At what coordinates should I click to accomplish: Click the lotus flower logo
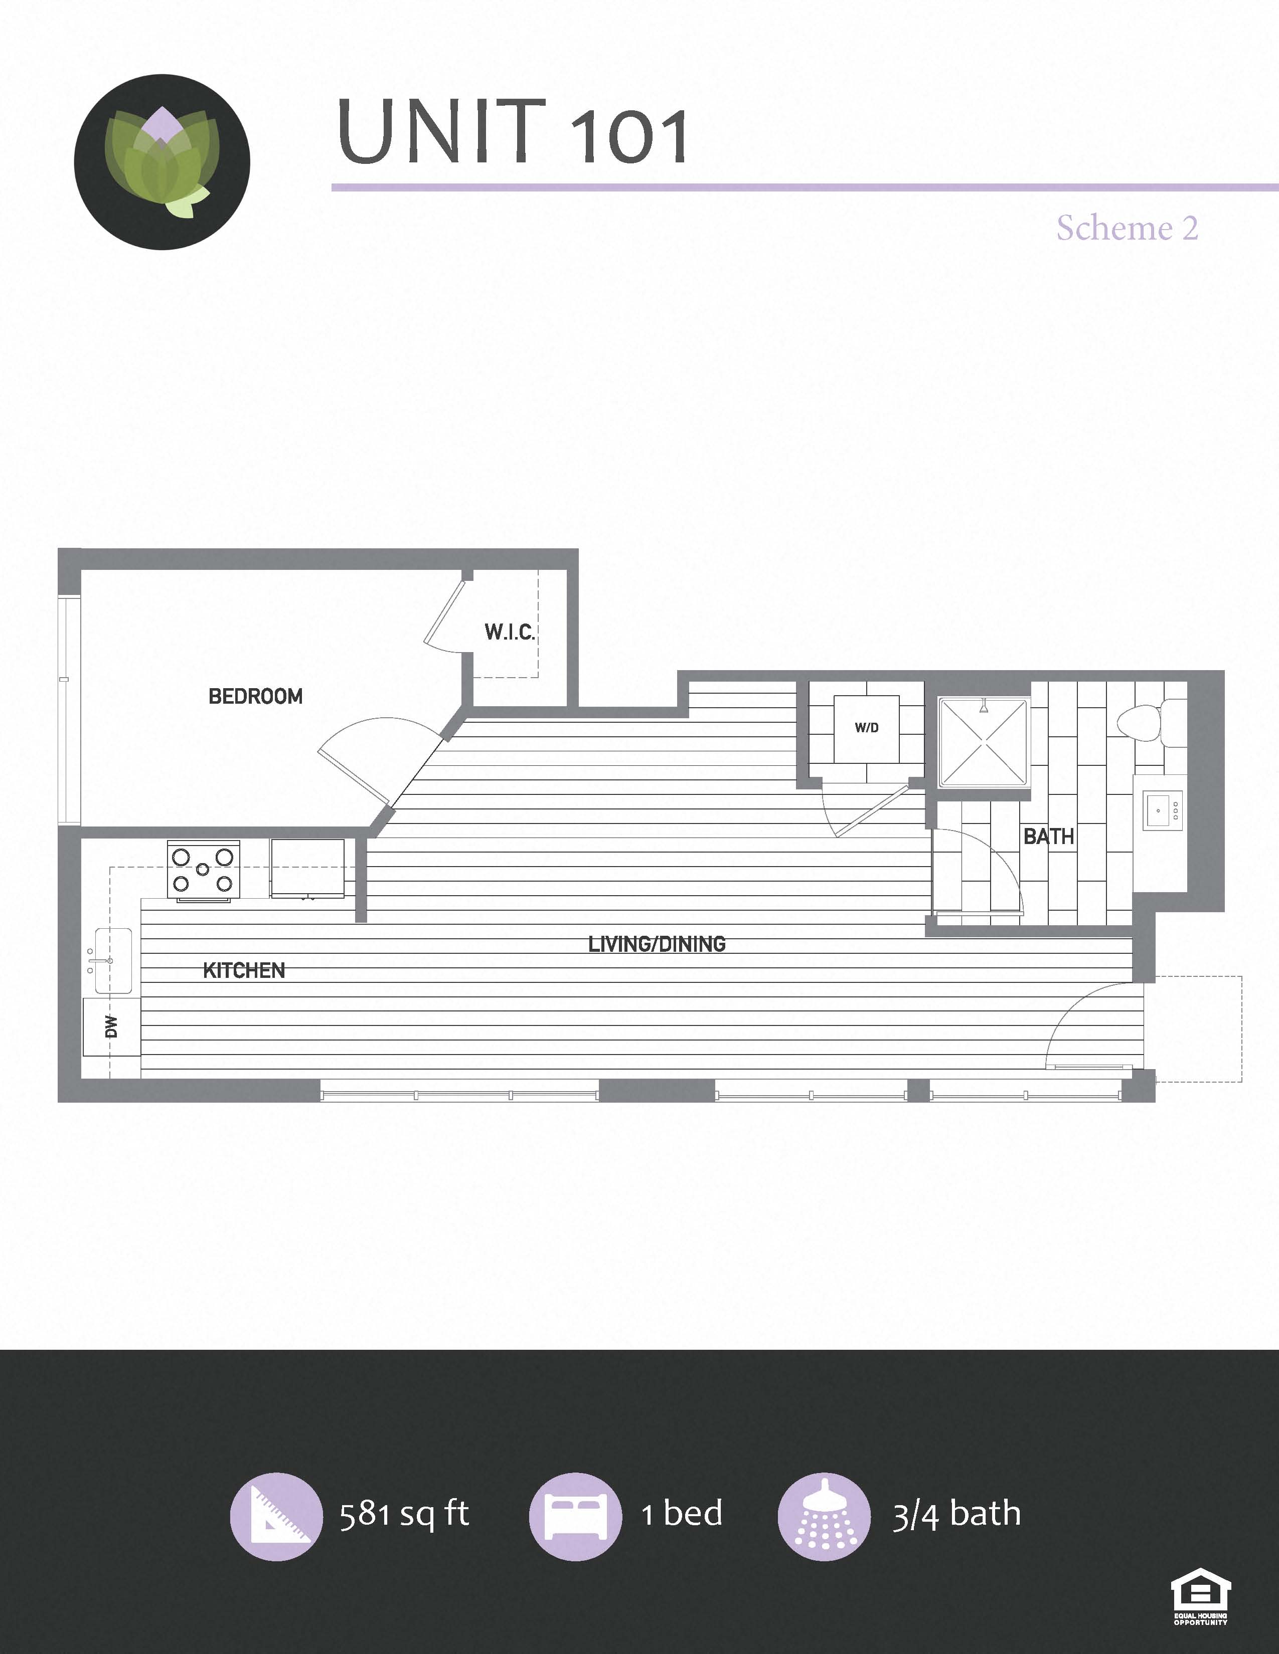point(162,161)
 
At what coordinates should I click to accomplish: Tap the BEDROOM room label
point(255,696)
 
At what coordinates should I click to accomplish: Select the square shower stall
point(984,742)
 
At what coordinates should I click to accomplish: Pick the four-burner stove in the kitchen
point(203,871)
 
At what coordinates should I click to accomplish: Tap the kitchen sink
point(113,960)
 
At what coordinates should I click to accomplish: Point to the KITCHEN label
point(244,971)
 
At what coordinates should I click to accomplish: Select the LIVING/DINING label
point(657,944)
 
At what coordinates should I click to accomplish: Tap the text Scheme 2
point(1128,228)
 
